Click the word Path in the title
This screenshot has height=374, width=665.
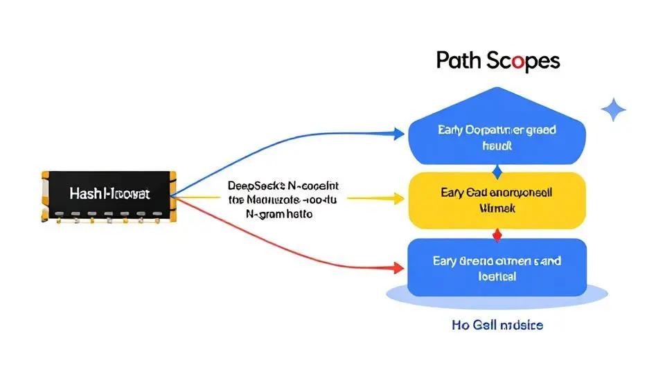click(458, 61)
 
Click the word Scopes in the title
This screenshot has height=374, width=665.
click(522, 61)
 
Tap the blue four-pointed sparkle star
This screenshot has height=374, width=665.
click(613, 109)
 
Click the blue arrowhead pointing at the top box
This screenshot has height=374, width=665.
click(398, 134)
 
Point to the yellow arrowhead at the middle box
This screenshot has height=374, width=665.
click(398, 199)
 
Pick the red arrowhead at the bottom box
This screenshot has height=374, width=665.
click(398, 267)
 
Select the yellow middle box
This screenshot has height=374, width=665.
click(496, 200)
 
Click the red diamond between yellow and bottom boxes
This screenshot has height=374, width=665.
click(496, 235)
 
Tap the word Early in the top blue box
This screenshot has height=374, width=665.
click(452, 130)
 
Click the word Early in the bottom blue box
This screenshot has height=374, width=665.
click(447, 261)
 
